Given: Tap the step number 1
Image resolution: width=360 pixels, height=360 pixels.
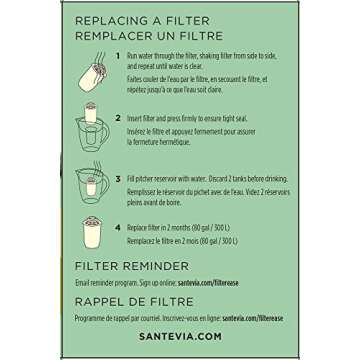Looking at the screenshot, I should [117, 56].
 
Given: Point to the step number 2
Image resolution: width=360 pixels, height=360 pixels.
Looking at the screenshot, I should [117, 115].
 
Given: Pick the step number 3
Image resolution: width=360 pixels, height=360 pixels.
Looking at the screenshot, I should [117, 178].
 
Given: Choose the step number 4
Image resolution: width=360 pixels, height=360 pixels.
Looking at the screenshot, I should [117, 227].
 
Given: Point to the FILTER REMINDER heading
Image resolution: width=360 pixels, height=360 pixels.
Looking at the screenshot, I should [131, 266].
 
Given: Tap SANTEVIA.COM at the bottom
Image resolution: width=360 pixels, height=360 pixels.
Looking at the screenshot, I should [179, 338].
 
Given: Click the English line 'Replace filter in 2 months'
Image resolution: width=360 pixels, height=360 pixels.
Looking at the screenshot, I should [178, 227].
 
